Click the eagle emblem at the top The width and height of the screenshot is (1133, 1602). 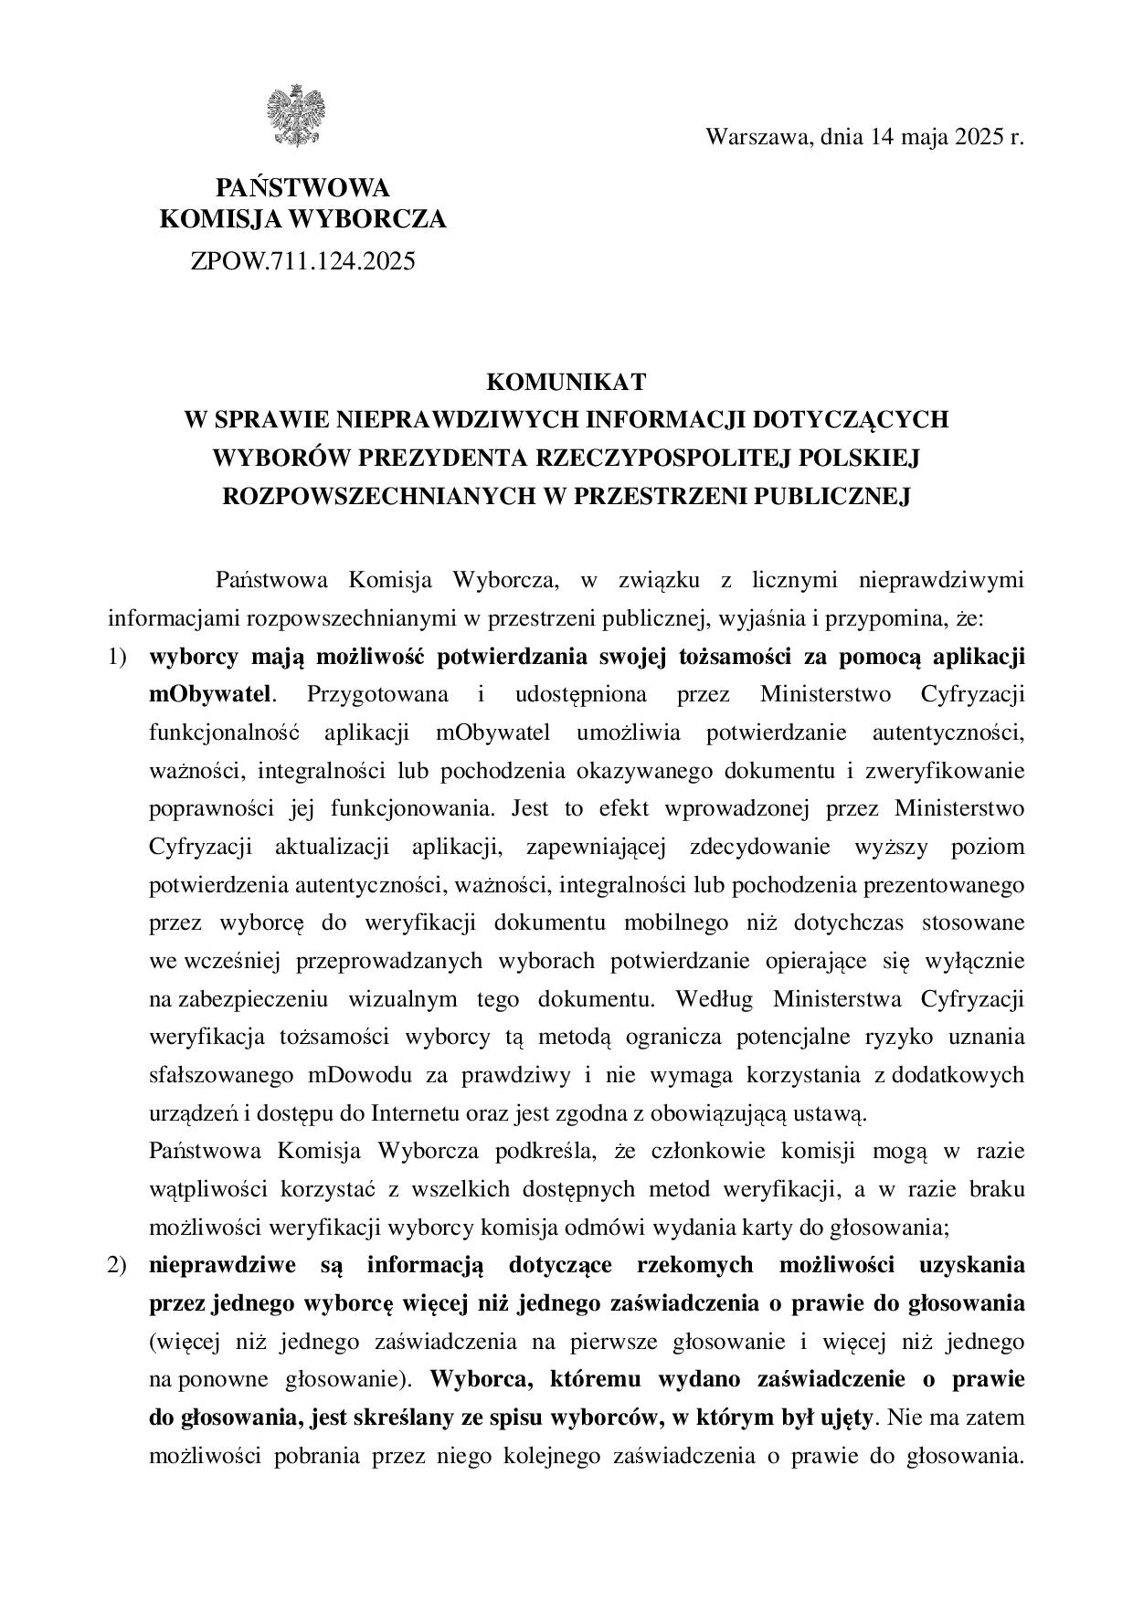296,116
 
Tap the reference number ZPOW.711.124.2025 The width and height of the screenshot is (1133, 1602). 302,261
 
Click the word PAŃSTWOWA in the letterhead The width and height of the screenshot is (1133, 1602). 302,188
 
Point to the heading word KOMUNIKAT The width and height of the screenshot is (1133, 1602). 566,381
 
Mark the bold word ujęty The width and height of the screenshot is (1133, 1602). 849,1418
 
